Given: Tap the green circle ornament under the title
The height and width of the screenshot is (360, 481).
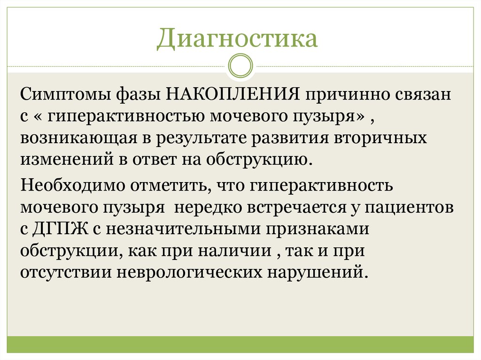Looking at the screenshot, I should coord(240,66).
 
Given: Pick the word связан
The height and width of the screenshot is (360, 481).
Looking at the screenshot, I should coord(421,95).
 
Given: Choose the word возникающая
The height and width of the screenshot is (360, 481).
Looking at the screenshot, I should coord(78,138).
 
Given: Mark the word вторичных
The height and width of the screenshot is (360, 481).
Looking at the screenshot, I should coord(380,138).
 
